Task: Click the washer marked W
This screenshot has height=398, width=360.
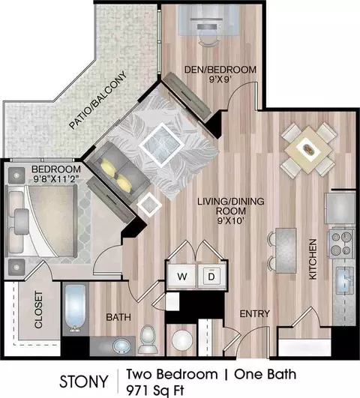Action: click(x=181, y=276)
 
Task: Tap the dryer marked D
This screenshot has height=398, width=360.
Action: click(x=211, y=276)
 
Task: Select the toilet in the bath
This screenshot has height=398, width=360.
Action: click(x=148, y=340)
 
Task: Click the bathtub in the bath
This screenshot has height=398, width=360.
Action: click(x=75, y=309)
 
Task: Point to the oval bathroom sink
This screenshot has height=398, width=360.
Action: click(x=121, y=346)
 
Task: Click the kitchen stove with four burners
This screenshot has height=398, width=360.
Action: click(x=341, y=244)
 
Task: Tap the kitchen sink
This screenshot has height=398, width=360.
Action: click(x=345, y=280)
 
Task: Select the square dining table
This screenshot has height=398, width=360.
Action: click(x=308, y=150)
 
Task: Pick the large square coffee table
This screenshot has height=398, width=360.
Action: click(x=162, y=145)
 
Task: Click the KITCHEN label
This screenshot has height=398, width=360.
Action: click(x=313, y=259)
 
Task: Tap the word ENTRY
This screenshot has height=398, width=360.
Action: click(x=254, y=314)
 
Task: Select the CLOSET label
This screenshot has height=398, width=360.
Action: click(x=38, y=310)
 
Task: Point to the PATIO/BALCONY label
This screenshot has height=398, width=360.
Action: click(x=97, y=100)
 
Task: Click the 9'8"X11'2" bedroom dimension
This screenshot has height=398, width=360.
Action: click(x=55, y=179)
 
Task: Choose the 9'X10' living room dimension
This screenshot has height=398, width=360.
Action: click(x=231, y=221)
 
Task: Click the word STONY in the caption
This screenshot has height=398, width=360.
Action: click(x=84, y=382)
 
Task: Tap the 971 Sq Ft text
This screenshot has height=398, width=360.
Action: click(x=154, y=391)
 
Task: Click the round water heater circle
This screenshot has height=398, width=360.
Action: click(x=182, y=340)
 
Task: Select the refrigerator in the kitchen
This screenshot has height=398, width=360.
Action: click(x=340, y=208)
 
